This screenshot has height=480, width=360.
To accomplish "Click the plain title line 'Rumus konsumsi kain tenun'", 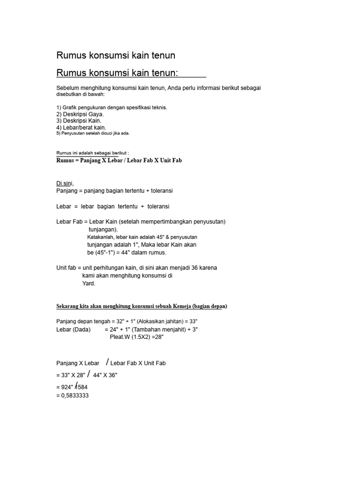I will point(116,56).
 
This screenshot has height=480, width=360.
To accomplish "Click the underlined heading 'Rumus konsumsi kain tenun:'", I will point(117,73).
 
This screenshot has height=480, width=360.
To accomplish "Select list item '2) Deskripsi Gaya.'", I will point(80,114).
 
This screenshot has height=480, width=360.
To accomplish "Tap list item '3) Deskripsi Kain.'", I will point(79,120).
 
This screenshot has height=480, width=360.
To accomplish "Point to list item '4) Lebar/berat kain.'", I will point(81,127).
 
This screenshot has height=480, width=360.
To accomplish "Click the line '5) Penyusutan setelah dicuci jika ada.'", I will point(93,133).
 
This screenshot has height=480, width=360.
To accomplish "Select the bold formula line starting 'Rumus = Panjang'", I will point(119,160).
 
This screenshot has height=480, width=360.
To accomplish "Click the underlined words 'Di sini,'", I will point(65,183).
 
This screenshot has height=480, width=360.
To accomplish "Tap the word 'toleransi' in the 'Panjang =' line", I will point(160,191).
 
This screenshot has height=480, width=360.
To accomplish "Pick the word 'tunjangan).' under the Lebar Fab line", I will point(104,230).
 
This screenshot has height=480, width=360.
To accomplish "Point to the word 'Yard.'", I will point(89,284).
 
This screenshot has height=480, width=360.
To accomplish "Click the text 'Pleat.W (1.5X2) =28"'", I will point(136,337).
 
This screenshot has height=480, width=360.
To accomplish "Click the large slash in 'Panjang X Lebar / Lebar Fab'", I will point(108,362).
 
